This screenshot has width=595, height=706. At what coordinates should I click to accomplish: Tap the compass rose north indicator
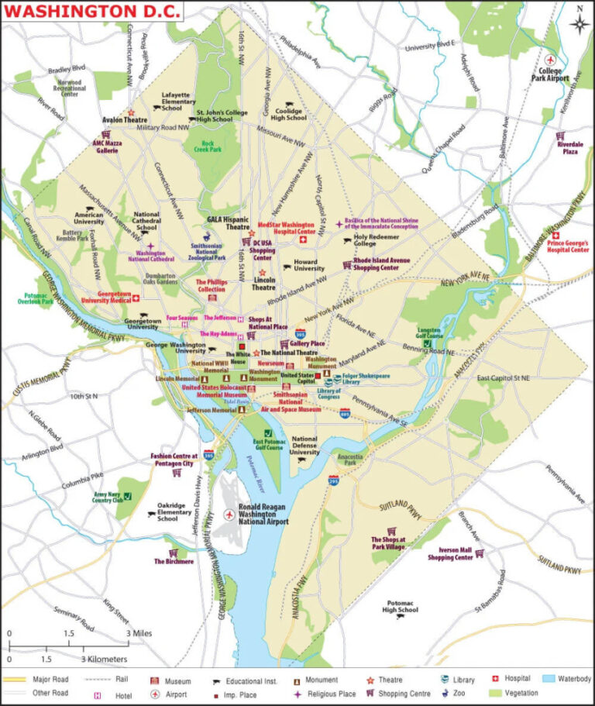coord(579,22)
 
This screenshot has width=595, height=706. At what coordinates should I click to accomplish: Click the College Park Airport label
coord(550,74)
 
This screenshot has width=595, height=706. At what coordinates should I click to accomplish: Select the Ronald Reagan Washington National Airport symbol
coord(229,515)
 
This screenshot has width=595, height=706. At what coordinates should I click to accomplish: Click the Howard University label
coord(308,265)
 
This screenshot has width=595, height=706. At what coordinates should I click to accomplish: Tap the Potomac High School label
coord(400,606)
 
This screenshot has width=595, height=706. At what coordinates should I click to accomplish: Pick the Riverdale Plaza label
coord(569,148)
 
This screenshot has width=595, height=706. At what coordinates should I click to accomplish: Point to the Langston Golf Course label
coord(429,334)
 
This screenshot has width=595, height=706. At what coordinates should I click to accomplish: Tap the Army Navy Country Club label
coord(108,497)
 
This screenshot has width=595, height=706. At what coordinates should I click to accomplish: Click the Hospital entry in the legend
coord(517,679)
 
